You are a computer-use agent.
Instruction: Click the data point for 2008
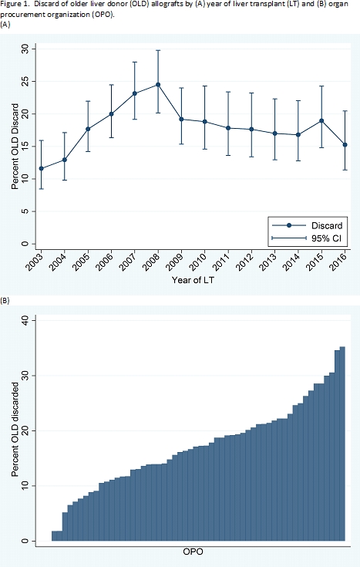pos(158,85)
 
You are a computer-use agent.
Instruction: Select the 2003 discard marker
pos(41,168)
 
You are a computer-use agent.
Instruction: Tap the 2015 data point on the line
pos(321,121)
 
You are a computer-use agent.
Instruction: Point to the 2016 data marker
pos(345,145)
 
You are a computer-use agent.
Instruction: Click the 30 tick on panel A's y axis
pos(25,49)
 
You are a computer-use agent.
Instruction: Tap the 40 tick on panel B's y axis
pos(25,320)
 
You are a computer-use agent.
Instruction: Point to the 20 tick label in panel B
pos(25,431)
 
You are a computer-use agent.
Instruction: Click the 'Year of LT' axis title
pos(193,280)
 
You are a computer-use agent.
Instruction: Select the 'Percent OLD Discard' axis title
pos(15,146)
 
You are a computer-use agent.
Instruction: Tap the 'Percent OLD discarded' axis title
pos(15,429)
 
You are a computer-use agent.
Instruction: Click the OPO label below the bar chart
pos(193,552)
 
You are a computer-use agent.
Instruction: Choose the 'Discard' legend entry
pos(308,225)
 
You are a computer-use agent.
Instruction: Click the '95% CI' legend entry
pos(307,238)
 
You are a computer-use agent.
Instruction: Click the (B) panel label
pos(5,300)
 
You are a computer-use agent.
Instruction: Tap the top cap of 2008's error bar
pos(158,50)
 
